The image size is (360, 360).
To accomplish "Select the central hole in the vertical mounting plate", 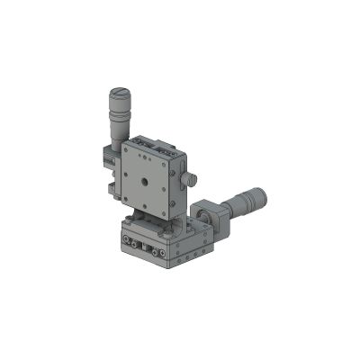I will tap(147, 179).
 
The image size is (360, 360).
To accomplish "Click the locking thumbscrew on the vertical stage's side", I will tap(192, 180).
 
